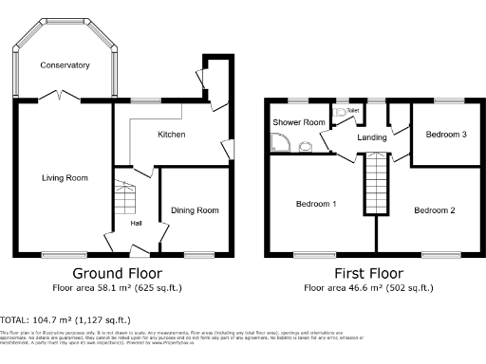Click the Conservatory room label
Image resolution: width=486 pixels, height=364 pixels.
[65, 65]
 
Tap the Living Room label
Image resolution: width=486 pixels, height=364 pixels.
[65, 177]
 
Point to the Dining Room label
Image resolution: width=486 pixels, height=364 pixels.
[195, 210]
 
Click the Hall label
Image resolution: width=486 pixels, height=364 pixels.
[137, 224]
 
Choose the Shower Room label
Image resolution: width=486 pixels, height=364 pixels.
[299, 123]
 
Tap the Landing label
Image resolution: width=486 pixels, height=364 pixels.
[371, 137]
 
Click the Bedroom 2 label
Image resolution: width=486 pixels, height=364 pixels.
[434, 210]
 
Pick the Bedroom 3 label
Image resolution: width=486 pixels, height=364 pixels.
[445, 135]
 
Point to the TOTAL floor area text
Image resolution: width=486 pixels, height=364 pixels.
[65, 320]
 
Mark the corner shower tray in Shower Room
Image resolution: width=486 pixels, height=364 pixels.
[281, 143]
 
